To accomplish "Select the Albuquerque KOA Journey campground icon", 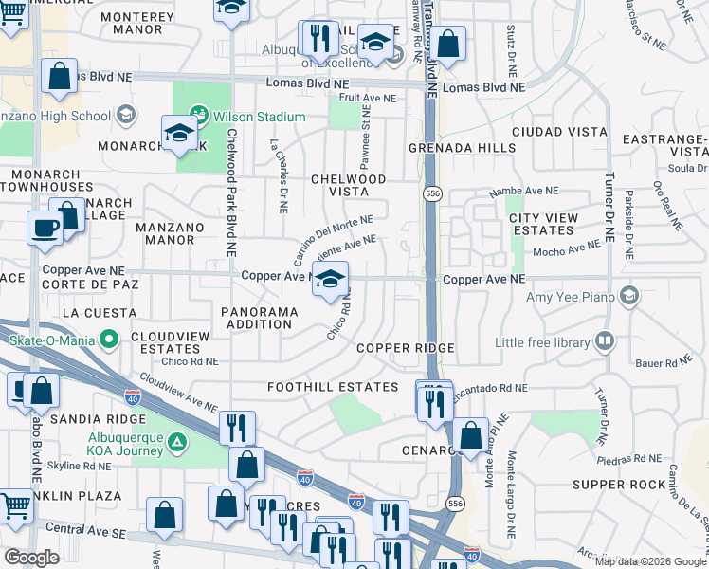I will coord(176,442).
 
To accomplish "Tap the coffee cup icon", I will coord(45,229).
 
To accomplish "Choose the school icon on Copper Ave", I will coord(330,280).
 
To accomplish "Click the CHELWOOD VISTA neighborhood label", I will coord(350,185).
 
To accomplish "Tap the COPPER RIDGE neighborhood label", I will coord(406,348).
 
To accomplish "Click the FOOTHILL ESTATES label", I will coord(332,387).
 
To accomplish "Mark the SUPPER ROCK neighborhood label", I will coord(633,485).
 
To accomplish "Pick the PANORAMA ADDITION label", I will coord(256,318).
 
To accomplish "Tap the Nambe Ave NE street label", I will coord(523,192).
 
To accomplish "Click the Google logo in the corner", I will coord(31,558).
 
